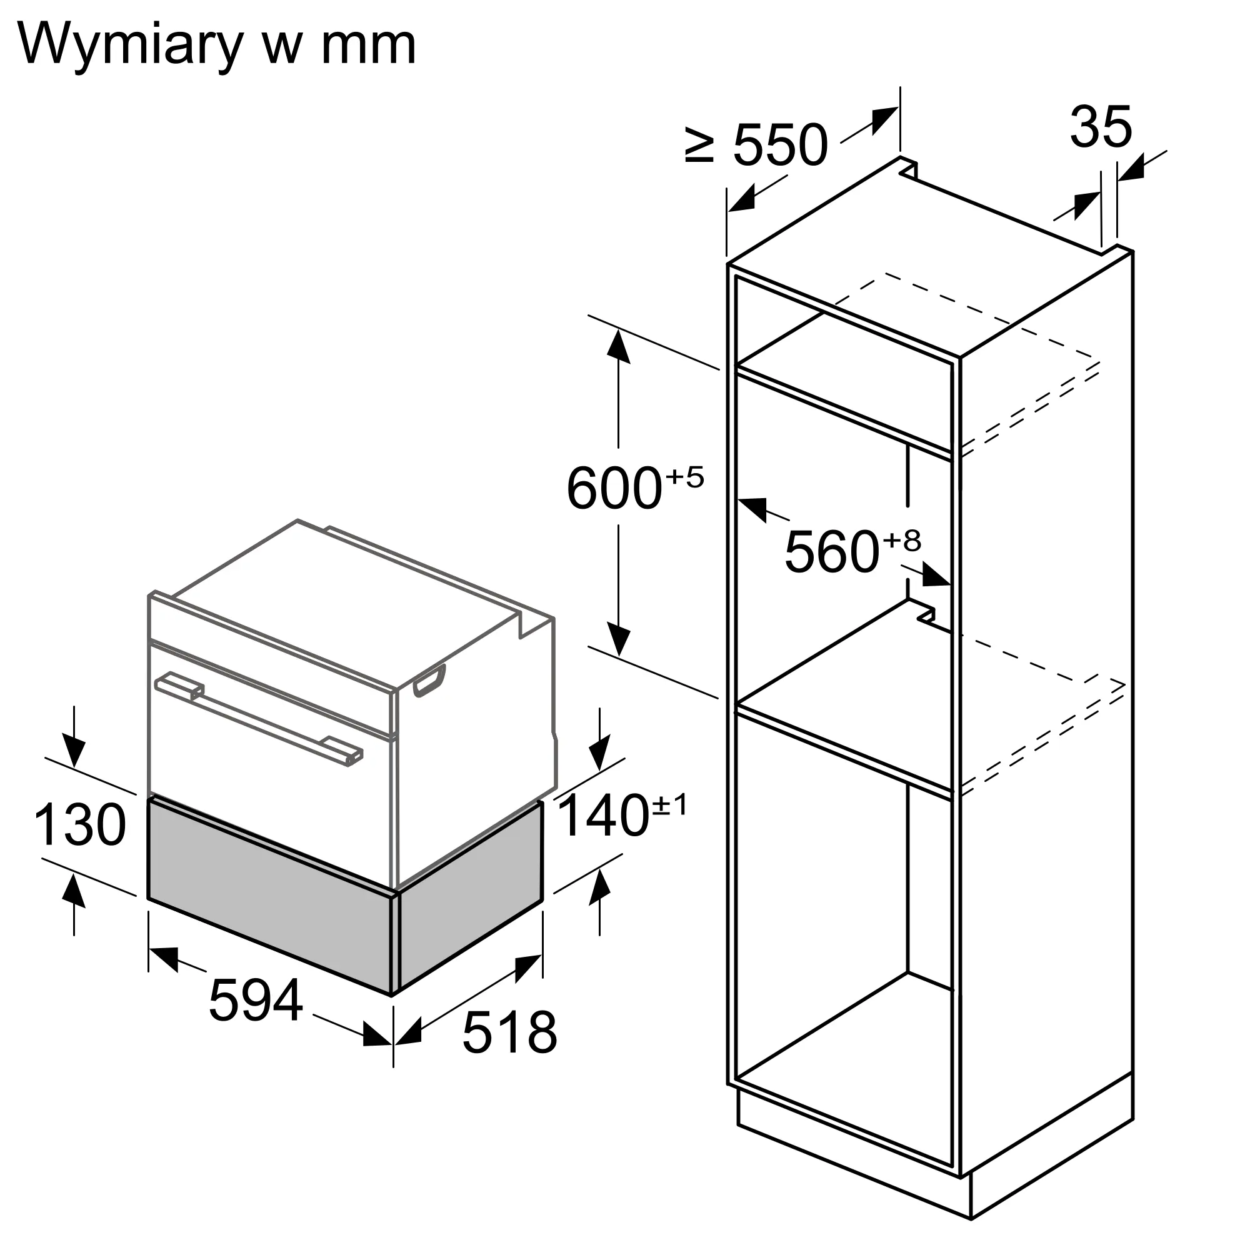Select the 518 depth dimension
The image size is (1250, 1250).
pyautogui.click(x=510, y=1032)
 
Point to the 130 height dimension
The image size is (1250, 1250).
pyautogui.click(x=80, y=824)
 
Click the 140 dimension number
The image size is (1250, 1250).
pyautogui.click(x=603, y=816)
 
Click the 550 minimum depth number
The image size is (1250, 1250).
pyautogui.click(x=781, y=144)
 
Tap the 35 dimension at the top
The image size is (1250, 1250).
pyautogui.click(x=1101, y=127)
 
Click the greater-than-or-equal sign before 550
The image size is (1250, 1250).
pyautogui.click(x=700, y=144)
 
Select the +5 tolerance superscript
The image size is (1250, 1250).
pyautogui.click(x=684, y=477)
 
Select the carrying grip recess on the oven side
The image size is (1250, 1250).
pyautogui.click(x=429, y=681)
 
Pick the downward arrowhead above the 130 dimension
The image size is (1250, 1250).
pyautogui.click(x=74, y=751)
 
